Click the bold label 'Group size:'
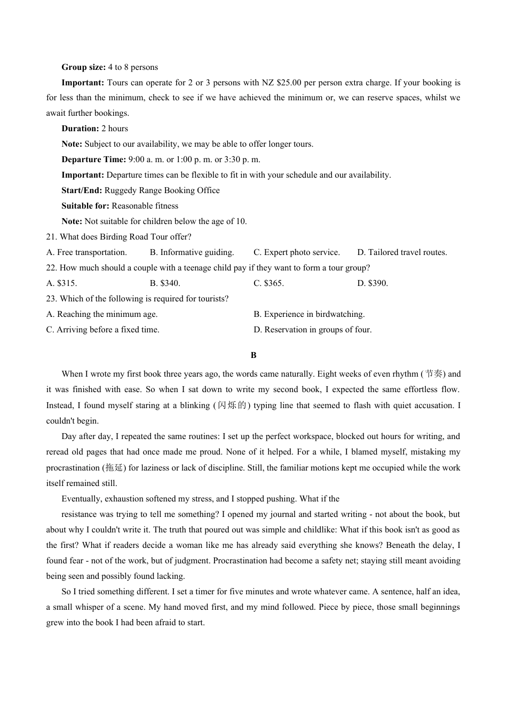click(83, 67)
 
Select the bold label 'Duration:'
click(80, 129)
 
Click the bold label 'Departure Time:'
click(93, 160)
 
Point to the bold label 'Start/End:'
click(82, 190)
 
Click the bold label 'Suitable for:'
click(85, 206)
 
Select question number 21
click(51, 237)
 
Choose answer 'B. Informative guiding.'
click(192, 252)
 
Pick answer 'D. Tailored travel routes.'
click(402, 252)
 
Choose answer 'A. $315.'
click(61, 283)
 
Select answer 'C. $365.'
click(268, 283)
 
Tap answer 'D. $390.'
click(373, 283)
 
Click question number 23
click(51, 299)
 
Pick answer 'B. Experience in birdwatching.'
click(309, 314)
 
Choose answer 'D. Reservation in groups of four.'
click(312, 330)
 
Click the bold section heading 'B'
click(253, 355)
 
